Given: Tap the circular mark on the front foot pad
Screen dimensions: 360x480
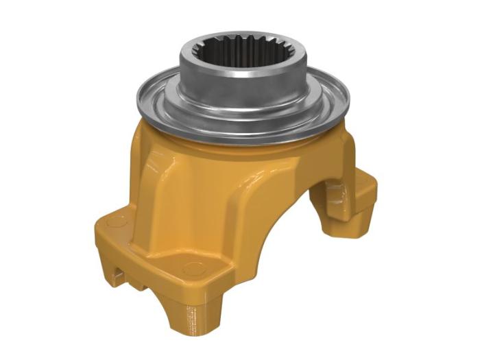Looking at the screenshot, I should tap(193, 268).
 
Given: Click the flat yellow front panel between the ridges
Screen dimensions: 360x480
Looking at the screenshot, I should tap(185, 213).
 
